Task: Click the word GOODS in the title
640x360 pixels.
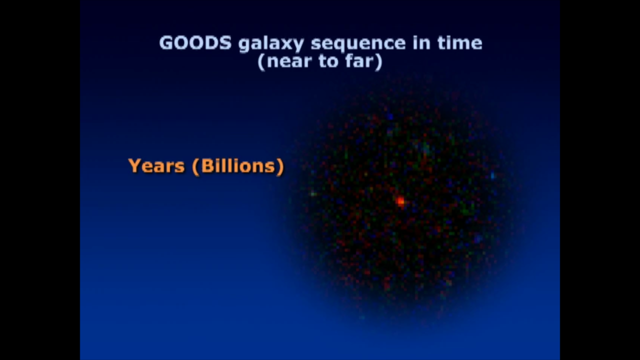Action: coord(195,43)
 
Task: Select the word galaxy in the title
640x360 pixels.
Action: coord(271,44)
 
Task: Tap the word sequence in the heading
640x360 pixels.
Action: coord(358,44)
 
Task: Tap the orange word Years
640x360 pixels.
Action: coord(156,165)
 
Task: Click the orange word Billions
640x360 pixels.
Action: coord(238,165)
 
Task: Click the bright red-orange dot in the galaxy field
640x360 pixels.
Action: coord(400,201)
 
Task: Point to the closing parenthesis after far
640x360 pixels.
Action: coord(379,62)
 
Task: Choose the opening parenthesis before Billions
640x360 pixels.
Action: coord(195,166)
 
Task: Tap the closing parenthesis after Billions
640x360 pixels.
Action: coord(280,166)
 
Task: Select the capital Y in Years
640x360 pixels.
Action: coord(135,165)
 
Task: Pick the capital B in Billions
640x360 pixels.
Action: coord(207,165)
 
